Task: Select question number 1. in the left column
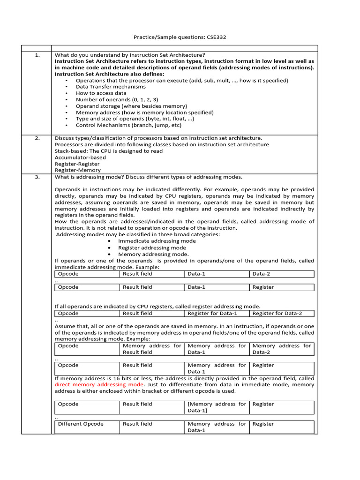coord(37,55)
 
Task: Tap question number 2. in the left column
coord(37,138)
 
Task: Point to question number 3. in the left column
coord(37,177)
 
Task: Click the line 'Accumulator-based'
coord(80,157)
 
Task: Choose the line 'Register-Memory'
coord(77,171)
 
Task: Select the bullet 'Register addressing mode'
coord(152,247)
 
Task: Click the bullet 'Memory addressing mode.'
coord(153,254)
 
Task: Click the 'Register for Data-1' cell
coord(212,313)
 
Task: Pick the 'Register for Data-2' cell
coord(277,313)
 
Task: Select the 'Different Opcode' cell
coord(81,424)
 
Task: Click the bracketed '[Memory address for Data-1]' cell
coord(217,407)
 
